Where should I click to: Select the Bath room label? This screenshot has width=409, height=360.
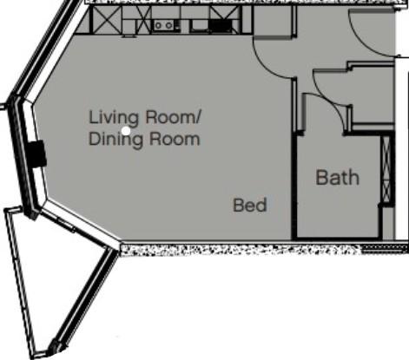[338, 177]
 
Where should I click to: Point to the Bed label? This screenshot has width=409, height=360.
[250, 205]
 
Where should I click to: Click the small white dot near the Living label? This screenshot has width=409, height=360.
[126, 131]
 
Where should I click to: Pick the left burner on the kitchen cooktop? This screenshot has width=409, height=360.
[158, 25]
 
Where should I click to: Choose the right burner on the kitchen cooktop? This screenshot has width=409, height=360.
[168, 25]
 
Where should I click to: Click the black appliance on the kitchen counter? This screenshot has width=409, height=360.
[221, 26]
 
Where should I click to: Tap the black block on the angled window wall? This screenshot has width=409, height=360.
[37, 154]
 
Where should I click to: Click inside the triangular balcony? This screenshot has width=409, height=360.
[58, 275]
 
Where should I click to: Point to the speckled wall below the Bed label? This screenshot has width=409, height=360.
[241, 250]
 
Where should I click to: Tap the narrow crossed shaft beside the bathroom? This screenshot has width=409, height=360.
[387, 169]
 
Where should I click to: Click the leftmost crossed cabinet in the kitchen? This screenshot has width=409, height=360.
[106, 20]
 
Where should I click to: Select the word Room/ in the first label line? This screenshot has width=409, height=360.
[173, 117]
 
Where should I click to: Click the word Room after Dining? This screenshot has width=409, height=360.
[175, 139]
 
